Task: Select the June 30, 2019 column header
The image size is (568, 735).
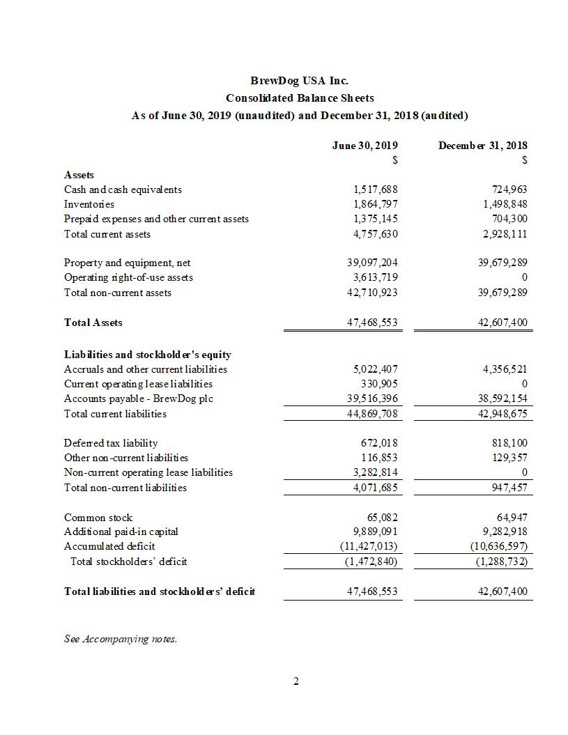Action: [x=365, y=146]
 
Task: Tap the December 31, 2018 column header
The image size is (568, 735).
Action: [x=482, y=146]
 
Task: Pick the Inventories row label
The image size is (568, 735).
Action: [x=89, y=204]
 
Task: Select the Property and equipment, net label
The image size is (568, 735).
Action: [x=127, y=263]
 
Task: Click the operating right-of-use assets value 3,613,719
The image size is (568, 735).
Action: [x=376, y=277]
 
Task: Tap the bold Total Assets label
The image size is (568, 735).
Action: [x=93, y=323]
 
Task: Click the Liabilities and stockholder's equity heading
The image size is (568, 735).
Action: [x=148, y=355]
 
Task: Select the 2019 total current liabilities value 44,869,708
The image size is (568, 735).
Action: [x=373, y=414]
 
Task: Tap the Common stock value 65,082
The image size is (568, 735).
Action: [x=382, y=518]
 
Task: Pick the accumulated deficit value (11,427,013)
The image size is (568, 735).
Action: [x=368, y=547]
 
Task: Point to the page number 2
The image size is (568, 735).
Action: [x=295, y=681]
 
